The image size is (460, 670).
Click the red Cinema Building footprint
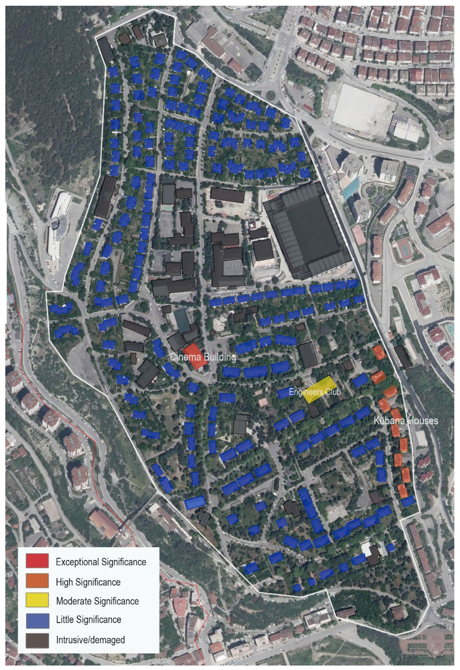(195, 356)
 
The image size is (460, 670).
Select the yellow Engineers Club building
(319, 390)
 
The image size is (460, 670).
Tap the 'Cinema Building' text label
(203, 358)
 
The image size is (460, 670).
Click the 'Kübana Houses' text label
(406, 421)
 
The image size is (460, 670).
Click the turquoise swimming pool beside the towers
(351, 189)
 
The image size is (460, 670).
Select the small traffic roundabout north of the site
(271, 94)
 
